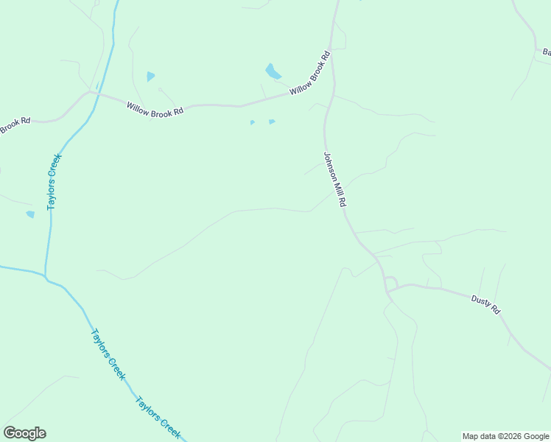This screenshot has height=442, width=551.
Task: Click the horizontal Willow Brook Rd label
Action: coord(154,108)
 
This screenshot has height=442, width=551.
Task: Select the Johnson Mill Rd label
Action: coord(334,180)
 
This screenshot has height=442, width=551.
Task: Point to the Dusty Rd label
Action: coord(485,304)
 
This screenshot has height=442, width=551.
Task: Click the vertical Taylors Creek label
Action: coord(54,181)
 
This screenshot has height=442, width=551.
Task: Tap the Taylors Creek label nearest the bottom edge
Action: coord(158,418)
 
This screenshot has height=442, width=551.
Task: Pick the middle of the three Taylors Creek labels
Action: coord(108,354)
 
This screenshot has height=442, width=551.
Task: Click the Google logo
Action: coord(24,433)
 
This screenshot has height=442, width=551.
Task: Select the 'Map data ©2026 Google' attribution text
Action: coord(505,436)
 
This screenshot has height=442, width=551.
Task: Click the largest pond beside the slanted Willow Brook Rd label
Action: coord(273,71)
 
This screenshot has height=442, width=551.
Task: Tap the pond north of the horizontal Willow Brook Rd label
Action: coord(151,76)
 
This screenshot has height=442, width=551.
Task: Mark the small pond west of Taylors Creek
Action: coord(30,214)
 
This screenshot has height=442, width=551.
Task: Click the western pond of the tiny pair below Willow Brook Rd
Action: coord(252,122)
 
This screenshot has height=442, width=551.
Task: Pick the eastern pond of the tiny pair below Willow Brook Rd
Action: coord(272,122)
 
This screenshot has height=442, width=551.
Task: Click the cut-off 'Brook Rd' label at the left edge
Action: coord(15,125)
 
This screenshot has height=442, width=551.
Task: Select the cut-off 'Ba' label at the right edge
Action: coord(546,52)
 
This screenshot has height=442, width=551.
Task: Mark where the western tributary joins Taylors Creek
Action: coord(46,277)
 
